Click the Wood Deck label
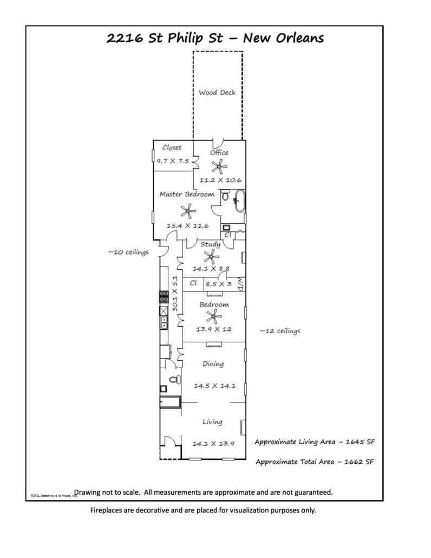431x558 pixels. (x=217, y=93)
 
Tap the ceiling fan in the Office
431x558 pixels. (x=219, y=167)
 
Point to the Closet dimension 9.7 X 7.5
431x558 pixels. (x=173, y=161)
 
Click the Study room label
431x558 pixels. (x=210, y=244)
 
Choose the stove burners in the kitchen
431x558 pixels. (x=163, y=296)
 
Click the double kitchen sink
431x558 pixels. (x=162, y=322)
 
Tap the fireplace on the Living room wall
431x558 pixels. (x=243, y=427)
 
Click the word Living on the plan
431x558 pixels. (x=212, y=422)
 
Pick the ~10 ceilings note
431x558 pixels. (x=128, y=252)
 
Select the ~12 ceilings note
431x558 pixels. (x=280, y=331)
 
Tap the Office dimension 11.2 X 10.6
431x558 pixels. (x=220, y=180)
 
